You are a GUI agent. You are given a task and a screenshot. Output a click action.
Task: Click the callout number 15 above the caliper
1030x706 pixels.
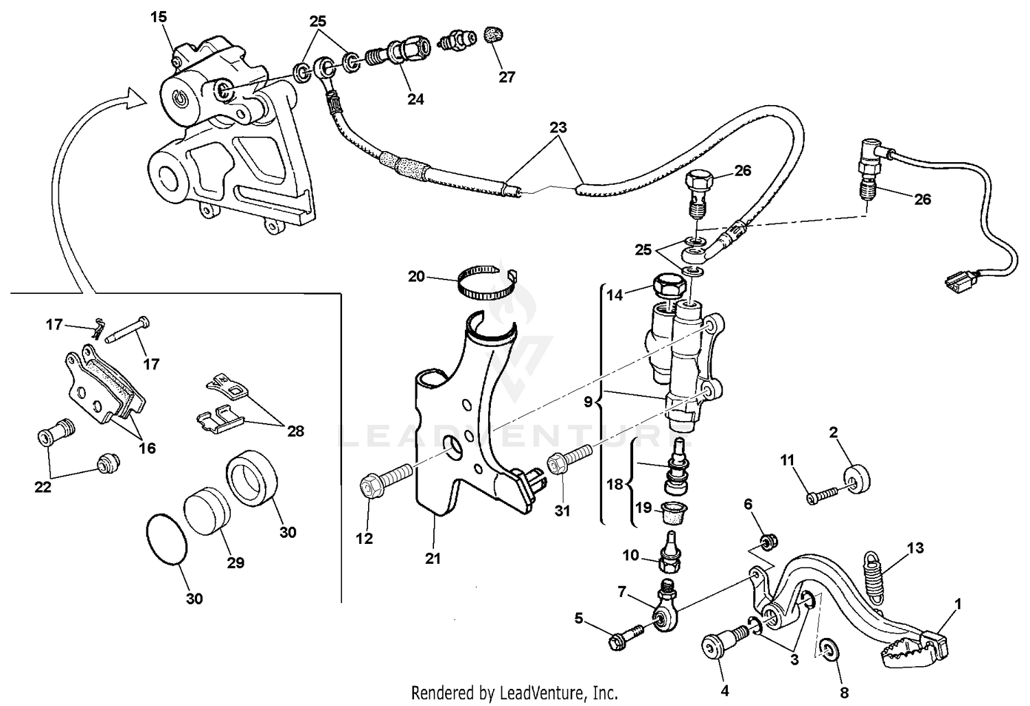point(159,16)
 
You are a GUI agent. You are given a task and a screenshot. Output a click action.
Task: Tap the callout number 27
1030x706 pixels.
point(507,78)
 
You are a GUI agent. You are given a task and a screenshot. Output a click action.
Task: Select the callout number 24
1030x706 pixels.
point(415,99)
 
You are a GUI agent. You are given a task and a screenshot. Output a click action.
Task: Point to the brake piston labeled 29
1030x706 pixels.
point(208,510)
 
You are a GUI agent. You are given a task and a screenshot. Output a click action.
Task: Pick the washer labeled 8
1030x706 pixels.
point(829,650)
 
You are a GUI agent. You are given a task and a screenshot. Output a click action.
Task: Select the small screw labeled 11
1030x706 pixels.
point(821,494)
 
